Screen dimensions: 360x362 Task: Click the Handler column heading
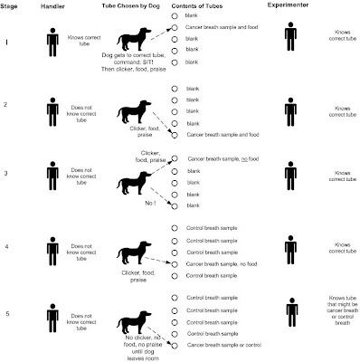pos(52,6)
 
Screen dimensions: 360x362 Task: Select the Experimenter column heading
pos(288,5)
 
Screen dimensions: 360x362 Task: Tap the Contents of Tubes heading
pos(197,6)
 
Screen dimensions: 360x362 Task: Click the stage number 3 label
pos(5,173)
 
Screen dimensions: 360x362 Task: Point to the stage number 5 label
pos(7,314)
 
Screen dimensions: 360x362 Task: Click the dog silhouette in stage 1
pos(134,39)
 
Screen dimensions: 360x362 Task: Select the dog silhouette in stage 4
pos(134,252)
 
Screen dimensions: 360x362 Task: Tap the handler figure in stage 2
pos(52,112)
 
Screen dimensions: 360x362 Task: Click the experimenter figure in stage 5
pos(292,312)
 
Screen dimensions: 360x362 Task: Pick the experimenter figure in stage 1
pos(290,36)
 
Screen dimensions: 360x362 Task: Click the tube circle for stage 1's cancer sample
pos(175,27)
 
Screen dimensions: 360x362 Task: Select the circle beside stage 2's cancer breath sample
pos(175,135)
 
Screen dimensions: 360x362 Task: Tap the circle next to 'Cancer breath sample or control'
pos(175,346)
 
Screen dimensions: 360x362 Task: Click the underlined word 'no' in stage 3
pos(244,159)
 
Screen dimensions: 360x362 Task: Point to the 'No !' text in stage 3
pos(150,204)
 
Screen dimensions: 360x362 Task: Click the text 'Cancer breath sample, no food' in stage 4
pos(222,264)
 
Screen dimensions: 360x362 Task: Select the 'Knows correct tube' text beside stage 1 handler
pos(84,41)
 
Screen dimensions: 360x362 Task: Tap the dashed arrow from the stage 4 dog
pos(157,260)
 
